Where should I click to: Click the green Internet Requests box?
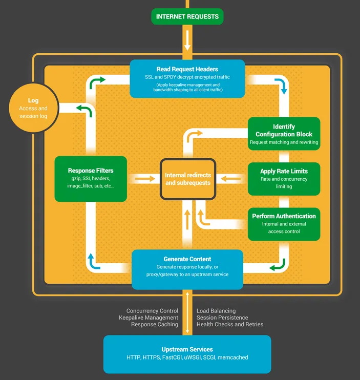(187, 16)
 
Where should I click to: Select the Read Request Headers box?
(187, 78)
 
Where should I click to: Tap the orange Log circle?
(33, 108)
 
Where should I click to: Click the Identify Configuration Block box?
(284, 134)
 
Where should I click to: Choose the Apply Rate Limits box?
(284, 179)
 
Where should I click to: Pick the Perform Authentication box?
(284, 224)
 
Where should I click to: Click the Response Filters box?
(91, 179)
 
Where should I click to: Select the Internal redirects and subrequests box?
(187, 179)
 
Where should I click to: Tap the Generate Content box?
(187, 269)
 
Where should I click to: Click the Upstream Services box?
(187, 354)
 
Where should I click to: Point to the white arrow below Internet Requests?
(187, 40)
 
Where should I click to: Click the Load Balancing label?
(216, 311)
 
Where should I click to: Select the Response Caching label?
(155, 325)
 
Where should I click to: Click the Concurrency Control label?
(153, 311)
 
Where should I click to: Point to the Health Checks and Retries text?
(230, 325)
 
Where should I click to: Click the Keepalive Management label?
(149, 318)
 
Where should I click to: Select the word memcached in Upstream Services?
(233, 357)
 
